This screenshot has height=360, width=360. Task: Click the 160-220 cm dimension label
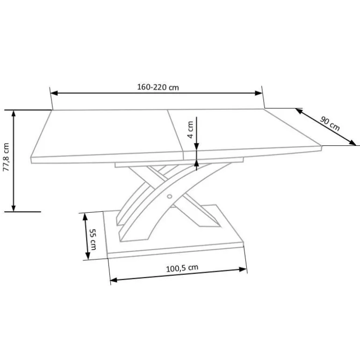(158, 87)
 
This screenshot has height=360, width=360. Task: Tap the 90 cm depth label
(330, 124)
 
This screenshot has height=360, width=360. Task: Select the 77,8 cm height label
(6, 157)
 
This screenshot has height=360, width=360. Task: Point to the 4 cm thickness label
(190, 130)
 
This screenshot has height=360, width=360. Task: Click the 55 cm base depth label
(93, 239)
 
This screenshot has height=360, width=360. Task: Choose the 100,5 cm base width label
(182, 268)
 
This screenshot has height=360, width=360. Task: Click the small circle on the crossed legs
(169, 196)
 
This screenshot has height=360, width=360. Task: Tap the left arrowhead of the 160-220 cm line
(54, 93)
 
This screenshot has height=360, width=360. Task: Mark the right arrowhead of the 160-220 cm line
(259, 93)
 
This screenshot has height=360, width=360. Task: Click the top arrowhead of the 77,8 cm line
(14, 114)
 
